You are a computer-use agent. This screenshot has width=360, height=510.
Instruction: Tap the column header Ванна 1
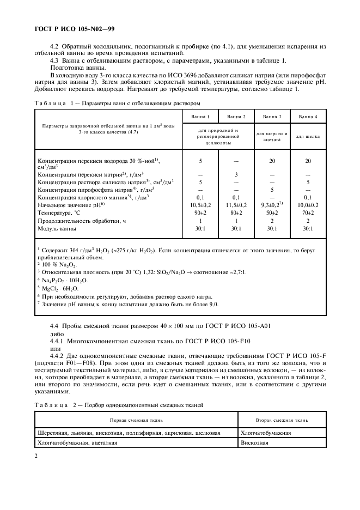point(200,117)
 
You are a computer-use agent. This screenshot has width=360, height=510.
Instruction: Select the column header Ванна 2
point(236,117)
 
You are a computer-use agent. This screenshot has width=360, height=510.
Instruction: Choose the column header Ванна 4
point(308,117)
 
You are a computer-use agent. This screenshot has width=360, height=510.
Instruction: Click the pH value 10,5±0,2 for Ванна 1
point(200,205)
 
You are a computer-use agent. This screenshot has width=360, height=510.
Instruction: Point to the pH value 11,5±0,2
point(236,205)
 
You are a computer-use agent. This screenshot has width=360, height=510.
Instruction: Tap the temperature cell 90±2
point(200,213)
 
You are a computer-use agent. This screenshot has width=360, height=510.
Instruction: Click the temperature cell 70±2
point(308,213)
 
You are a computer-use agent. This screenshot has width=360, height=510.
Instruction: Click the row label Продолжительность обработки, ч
point(78,221)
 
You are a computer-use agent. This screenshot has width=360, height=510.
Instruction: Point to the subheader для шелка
point(308,136)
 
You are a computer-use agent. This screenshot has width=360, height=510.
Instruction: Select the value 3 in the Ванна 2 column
point(236,174)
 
